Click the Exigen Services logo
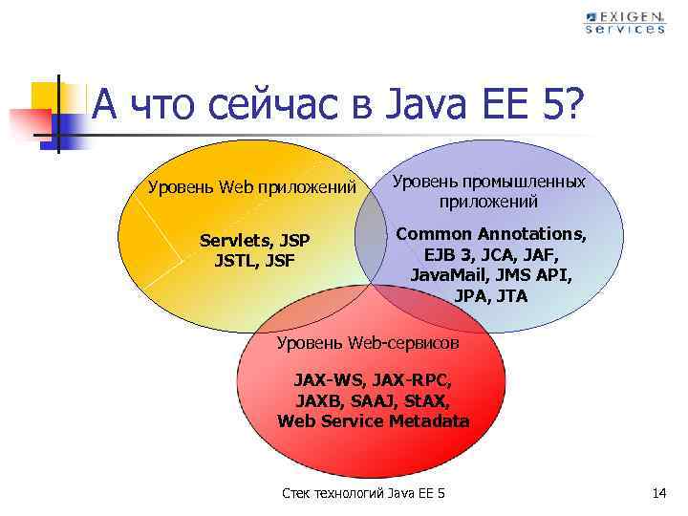(x=625, y=22)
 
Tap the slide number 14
(x=658, y=493)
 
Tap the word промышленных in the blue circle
(x=533, y=181)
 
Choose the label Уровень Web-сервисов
(x=368, y=342)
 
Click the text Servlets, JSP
(x=255, y=238)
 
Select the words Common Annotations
(x=491, y=233)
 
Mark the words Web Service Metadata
(x=374, y=421)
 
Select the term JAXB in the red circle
(x=318, y=402)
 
